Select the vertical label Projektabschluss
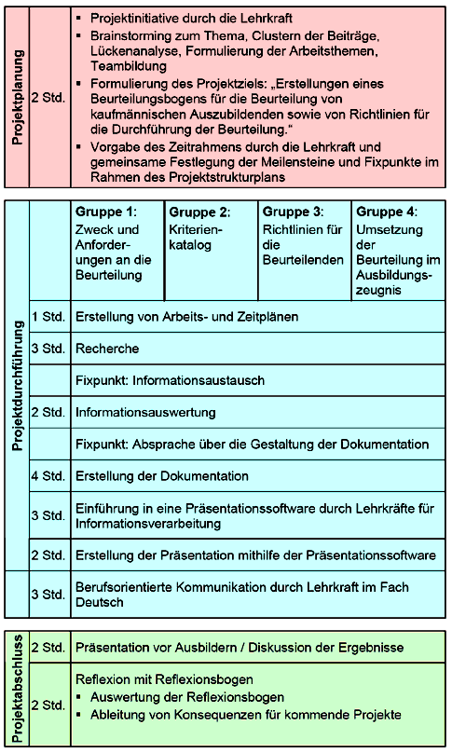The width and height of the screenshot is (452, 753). click(18, 691)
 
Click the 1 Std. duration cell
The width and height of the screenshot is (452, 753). click(48, 317)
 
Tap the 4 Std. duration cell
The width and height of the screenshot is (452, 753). click(48, 476)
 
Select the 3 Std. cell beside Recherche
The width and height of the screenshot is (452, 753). click(48, 349)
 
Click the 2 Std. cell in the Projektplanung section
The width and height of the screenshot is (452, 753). click(48, 96)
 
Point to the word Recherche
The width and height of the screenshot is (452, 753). click(107, 349)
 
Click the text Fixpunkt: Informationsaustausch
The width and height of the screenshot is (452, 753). click(170, 380)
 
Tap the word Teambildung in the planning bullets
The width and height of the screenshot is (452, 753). click(126, 66)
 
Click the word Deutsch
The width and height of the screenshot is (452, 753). click(99, 602)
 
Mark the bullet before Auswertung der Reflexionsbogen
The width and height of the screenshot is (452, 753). click(81, 698)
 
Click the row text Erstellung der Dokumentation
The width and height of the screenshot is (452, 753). click(161, 476)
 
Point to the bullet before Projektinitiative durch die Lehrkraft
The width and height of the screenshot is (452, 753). click(81, 19)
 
